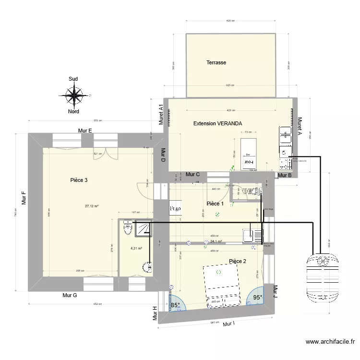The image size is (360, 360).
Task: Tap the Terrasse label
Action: click(216, 62)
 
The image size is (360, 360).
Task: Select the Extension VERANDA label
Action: click(217, 123)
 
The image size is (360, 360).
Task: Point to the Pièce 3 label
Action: click(79, 180)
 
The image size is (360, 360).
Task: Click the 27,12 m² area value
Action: click(92, 206)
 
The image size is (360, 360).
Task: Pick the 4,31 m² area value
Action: click(136, 249)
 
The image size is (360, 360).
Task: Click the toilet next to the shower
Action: click(127, 228)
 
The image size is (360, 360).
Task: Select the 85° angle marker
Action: click(175, 305)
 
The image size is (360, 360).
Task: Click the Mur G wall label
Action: click(70, 295)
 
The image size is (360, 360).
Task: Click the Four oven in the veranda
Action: click(248, 162)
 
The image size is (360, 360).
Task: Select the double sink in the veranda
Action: click(285, 135)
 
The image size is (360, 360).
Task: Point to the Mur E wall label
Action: click(85, 131)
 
